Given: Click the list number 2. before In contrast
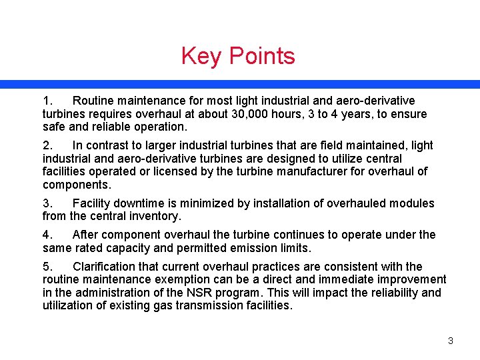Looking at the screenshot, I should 47,145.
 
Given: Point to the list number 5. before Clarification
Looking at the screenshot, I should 47,266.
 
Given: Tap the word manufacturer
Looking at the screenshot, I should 333,172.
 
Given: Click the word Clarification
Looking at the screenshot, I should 106,266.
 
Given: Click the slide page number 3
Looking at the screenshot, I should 450,341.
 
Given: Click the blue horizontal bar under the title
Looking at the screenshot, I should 240,85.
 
